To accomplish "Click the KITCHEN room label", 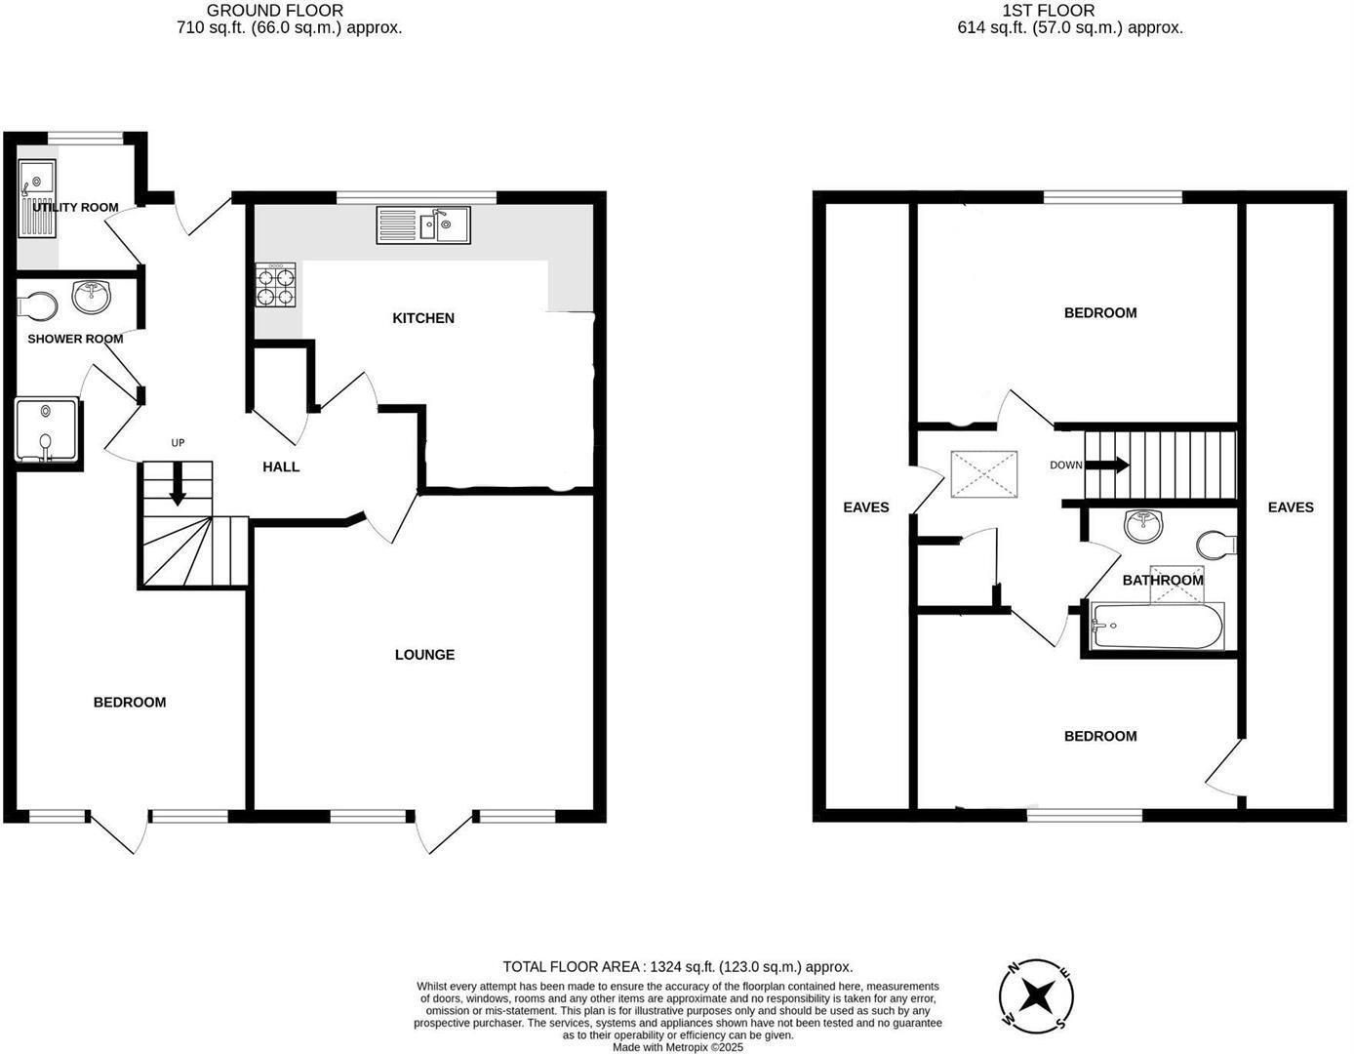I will [423, 318].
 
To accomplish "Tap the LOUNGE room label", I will [424, 655].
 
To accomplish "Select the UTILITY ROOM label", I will [75, 207].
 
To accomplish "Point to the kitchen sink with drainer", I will [422, 225].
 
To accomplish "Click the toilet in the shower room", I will [38, 306].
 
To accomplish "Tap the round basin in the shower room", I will [93, 296].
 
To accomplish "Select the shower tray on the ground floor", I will [46, 429].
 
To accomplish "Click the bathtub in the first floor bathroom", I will [1157, 627].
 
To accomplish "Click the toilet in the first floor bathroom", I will [1216, 544].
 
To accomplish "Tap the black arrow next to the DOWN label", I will [1107, 466].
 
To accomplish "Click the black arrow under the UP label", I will [178, 486].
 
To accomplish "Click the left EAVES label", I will [866, 507].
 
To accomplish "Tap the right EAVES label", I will [1291, 507].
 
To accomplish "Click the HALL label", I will [281, 467].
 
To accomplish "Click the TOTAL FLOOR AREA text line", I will [677, 967].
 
